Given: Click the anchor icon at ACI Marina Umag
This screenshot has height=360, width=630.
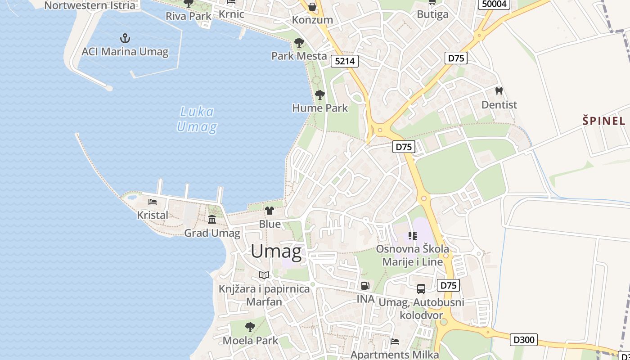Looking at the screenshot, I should point(125,38).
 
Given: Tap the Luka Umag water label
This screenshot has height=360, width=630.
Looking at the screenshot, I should point(197,119).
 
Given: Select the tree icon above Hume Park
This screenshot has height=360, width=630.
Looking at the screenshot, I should point(320,95).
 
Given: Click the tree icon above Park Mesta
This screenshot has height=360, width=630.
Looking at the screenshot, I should point(299,43).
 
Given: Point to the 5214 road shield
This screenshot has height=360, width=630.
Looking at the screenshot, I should point(345,61).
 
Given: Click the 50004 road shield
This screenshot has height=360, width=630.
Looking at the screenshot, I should point(494,4).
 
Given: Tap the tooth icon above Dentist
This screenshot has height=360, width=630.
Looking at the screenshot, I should point(499,91).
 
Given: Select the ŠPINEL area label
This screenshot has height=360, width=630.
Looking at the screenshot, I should point(604,121).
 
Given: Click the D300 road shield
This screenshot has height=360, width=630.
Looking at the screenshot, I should point(524,339).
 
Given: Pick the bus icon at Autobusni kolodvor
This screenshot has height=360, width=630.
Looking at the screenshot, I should point(421,289).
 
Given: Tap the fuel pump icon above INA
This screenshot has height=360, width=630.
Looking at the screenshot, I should point(365,285).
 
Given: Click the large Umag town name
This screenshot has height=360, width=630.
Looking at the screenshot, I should point(276,251).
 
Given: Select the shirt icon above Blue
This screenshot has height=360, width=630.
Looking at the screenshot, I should point(270,210).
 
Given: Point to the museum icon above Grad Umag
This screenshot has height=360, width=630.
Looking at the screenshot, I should point(212,219).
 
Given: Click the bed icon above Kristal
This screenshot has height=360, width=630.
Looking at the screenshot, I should point(153,202).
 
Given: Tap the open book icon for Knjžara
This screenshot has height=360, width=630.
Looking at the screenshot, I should point(264,275).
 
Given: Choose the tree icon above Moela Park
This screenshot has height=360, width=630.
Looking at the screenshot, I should point(250,327).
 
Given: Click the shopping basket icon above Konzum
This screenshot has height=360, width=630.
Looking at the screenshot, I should point(312,7).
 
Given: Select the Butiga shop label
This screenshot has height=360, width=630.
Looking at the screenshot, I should point(432,14).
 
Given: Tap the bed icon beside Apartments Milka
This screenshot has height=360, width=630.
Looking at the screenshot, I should point(395,341).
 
